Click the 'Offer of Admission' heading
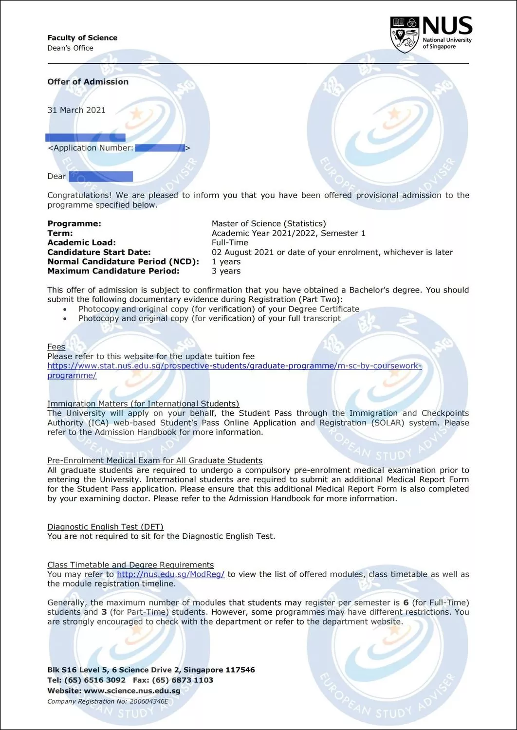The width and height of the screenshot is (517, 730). (x=88, y=82)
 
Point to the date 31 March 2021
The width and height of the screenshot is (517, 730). (x=76, y=110)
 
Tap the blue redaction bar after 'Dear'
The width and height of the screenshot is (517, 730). (x=101, y=176)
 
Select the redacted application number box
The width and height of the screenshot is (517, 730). (x=160, y=148)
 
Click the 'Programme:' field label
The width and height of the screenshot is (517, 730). (x=74, y=224)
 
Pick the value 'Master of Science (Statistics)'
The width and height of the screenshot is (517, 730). (x=269, y=224)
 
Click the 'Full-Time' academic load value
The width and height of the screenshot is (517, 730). (x=230, y=243)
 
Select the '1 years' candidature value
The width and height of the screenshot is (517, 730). (x=226, y=262)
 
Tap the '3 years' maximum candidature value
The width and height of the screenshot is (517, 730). (x=226, y=271)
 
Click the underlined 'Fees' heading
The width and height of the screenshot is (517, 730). (x=56, y=347)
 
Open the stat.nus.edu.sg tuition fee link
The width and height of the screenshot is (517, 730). (x=234, y=366)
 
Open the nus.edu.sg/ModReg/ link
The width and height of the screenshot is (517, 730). (x=170, y=574)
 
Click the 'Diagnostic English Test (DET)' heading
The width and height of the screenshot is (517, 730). (x=105, y=527)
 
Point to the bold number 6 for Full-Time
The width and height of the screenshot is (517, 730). (x=406, y=602)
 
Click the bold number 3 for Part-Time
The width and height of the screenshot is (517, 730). (x=104, y=612)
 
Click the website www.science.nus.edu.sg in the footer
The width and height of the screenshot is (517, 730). (x=132, y=691)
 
